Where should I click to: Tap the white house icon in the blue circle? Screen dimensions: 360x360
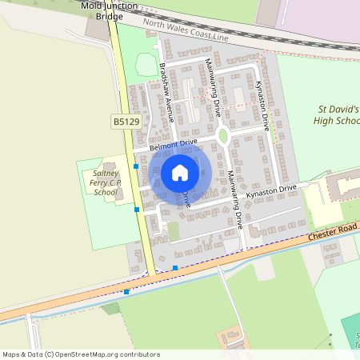click(x=180, y=172)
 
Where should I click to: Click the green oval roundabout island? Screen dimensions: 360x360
click(x=223, y=136)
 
